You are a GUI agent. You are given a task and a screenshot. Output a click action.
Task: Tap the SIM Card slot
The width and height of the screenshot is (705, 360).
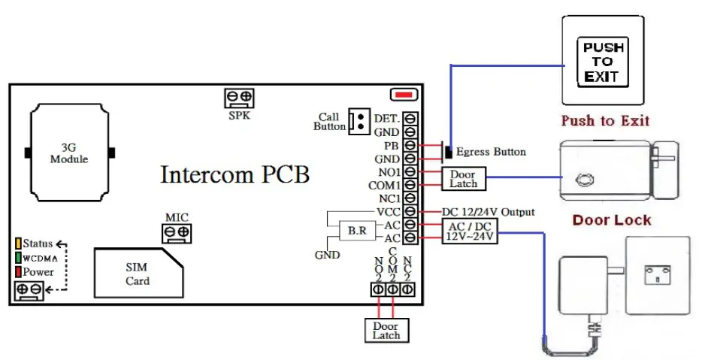tap(137, 274)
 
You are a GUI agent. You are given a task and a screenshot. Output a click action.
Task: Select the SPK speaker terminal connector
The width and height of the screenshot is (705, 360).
tap(238, 98)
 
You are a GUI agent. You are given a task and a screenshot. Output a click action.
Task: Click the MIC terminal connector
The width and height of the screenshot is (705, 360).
tap(176, 232)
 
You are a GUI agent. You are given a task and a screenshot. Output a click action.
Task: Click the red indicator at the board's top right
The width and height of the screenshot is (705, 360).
tap(404, 95)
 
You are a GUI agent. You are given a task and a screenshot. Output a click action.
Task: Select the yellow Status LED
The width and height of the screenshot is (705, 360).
tap(17, 244)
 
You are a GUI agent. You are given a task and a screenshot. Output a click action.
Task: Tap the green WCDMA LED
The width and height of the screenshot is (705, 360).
tap(17, 258)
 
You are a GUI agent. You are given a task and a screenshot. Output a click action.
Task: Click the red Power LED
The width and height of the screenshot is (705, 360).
tap(17, 271)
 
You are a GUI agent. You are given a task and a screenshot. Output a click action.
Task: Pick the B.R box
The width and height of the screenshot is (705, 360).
tap(356, 231)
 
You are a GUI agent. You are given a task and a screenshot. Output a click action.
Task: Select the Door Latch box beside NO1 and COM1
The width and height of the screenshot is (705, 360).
tap(464, 178)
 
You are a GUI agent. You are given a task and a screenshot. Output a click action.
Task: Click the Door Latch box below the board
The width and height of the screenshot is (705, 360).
tap(386, 330)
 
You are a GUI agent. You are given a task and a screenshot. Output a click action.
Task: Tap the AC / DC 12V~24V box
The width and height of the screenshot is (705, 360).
tap(471, 231)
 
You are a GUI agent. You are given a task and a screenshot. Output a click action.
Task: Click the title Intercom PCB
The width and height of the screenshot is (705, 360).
tap(234, 174)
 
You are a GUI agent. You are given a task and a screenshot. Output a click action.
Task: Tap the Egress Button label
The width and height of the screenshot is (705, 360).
tap(491, 152)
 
